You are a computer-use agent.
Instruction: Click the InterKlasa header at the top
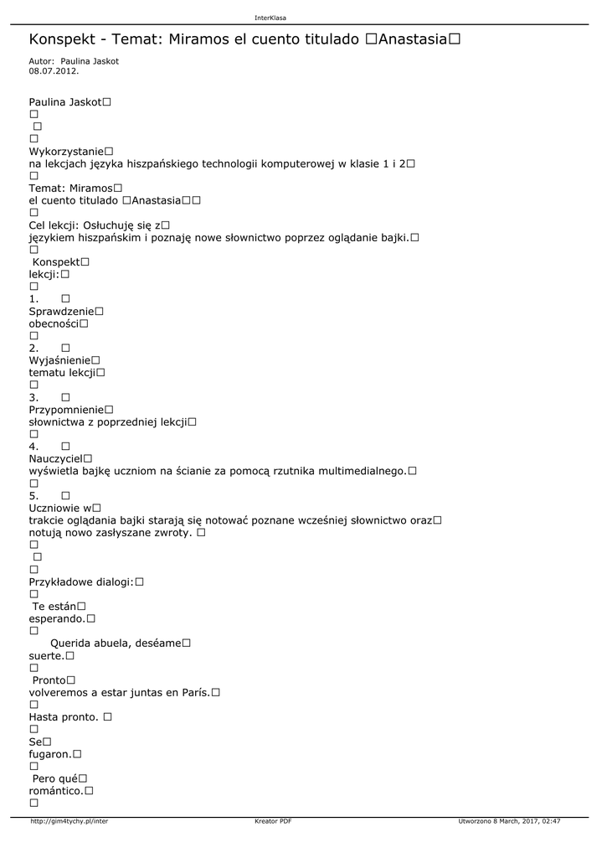[270, 18]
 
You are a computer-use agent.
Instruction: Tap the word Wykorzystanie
[66, 151]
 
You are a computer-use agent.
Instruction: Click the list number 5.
[33, 496]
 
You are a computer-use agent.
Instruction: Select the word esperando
[57, 618]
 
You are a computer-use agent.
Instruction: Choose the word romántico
[55, 790]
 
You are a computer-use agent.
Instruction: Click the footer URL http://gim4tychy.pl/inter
[69, 821]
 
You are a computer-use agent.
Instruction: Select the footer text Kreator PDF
[273, 821]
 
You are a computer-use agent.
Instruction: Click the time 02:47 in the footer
[551, 821]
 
